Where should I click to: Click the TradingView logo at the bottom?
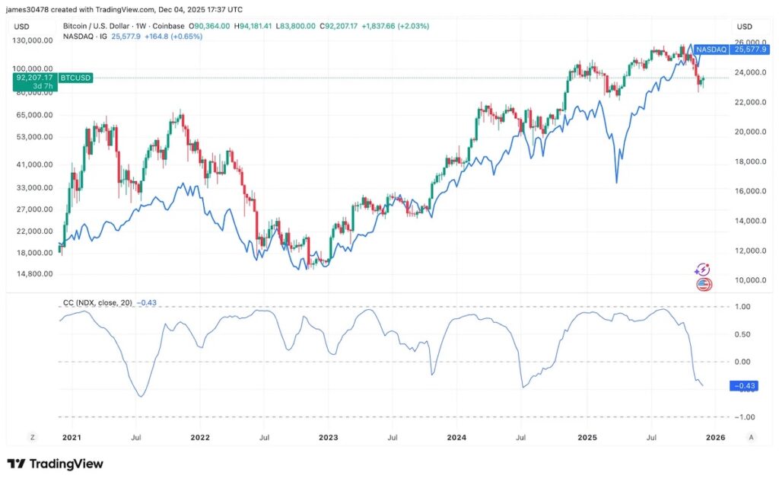point(55,464)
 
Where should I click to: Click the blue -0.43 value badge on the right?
point(742,386)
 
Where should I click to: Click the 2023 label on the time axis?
point(328,438)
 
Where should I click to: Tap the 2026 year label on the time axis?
point(715,438)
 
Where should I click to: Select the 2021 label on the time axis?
point(72,438)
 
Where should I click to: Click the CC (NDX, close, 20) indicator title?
point(97,302)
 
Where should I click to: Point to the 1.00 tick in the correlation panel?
point(741,307)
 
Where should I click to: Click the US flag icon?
point(704,285)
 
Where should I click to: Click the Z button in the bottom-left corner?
point(32,438)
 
